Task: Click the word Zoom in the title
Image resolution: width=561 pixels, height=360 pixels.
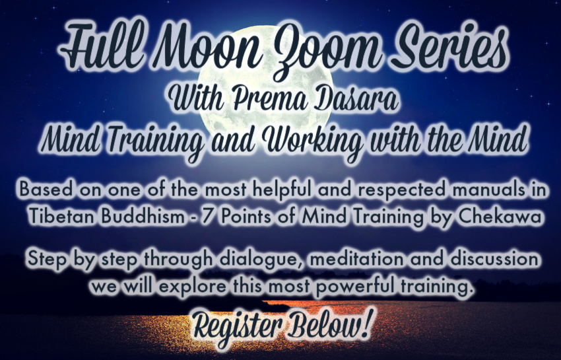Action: [324, 50]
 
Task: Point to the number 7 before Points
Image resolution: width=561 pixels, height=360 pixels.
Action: [207, 217]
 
